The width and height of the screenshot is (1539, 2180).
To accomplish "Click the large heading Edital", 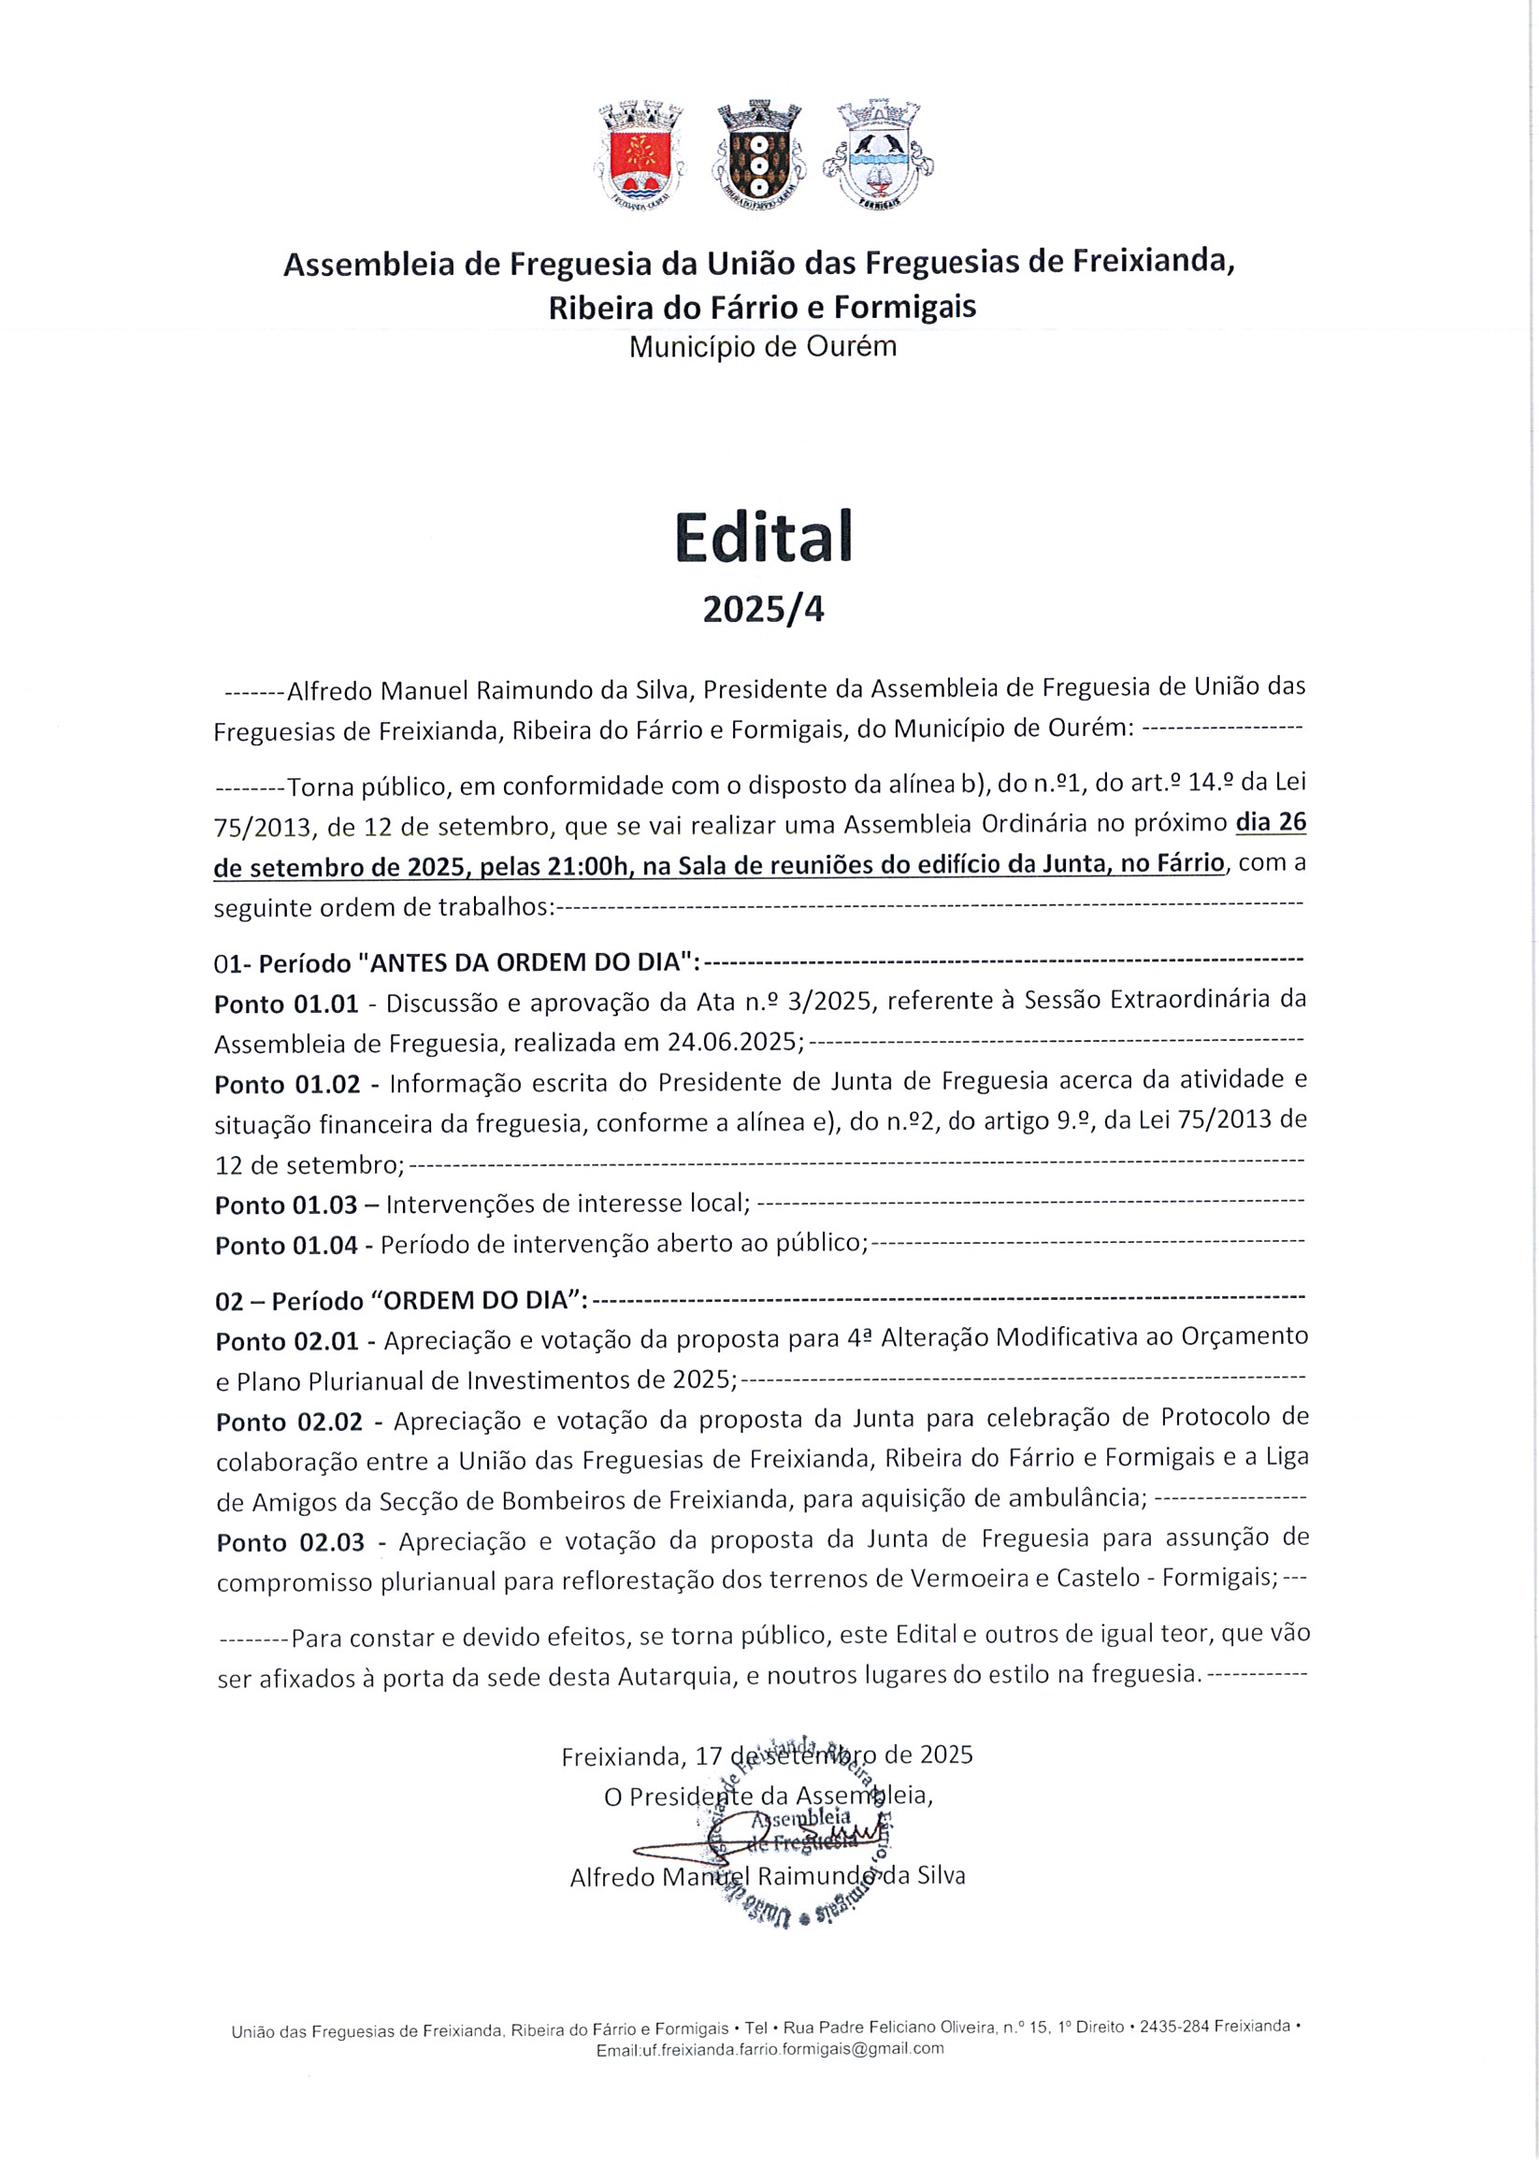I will [763, 538].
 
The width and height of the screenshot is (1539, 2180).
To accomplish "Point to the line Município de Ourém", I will [762, 348].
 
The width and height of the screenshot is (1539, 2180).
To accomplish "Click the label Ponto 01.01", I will [287, 1003].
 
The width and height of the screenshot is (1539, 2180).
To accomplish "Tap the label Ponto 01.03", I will [287, 1205].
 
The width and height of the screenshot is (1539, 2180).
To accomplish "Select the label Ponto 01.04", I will [287, 1246].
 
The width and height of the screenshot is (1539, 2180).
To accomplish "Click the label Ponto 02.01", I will [288, 1342].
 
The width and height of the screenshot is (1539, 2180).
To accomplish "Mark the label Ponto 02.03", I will [291, 1543].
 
